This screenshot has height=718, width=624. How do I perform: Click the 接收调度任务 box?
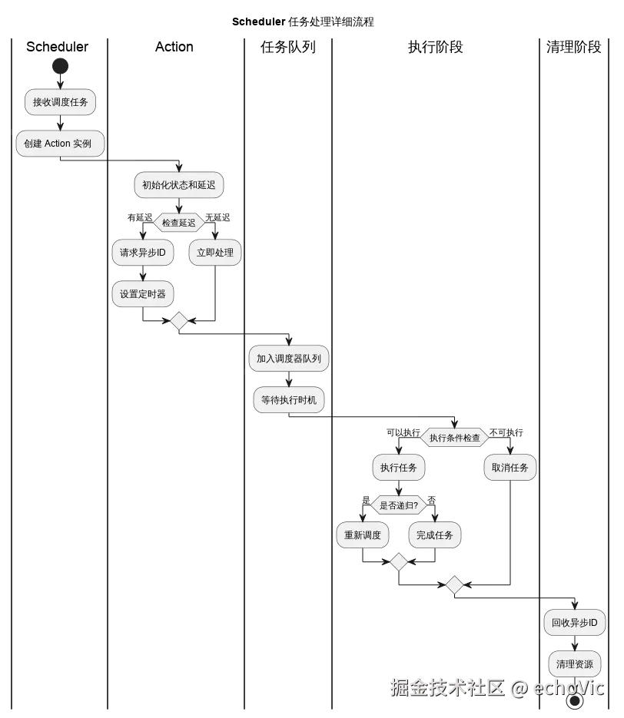coord(61,102)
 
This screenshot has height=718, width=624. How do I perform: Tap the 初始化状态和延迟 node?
coord(179,185)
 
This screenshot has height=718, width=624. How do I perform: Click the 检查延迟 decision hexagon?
coord(179,223)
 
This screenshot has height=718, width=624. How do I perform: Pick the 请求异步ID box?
coord(143,253)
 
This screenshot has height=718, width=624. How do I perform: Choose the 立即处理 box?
coord(215,253)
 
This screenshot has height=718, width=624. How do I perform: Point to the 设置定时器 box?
coord(143,293)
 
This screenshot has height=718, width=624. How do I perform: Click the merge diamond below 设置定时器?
coord(179,321)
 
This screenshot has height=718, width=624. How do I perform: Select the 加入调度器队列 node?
coord(289,359)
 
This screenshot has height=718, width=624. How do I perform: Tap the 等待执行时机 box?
coord(289,400)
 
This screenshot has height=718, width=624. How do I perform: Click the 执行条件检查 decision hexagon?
coord(454,438)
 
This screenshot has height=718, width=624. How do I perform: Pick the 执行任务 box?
coord(399,468)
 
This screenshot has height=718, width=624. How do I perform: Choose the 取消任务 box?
coord(509,468)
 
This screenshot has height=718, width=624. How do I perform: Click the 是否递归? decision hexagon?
coord(399,506)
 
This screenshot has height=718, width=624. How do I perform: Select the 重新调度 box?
coord(363,535)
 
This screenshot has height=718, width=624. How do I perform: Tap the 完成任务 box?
coord(435,535)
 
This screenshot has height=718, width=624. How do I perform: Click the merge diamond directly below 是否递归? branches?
coord(398,562)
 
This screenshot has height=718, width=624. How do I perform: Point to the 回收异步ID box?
coord(574,623)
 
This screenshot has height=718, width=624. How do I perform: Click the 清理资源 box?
coord(574,664)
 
